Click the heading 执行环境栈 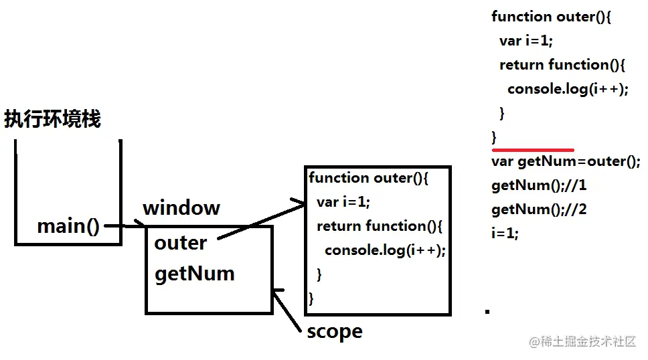pyautogui.click(x=52, y=120)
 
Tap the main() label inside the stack pyautogui.click(x=68, y=226)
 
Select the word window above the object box pyautogui.click(x=181, y=207)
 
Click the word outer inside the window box pyautogui.click(x=180, y=243)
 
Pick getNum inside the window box pyautogui.click(x=194, y=274)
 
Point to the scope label pyautogui.click(x=334, y=331)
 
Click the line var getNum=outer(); pyautogui.click(x=566, y=161)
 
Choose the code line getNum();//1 pyautogui.click(x=539, y=185)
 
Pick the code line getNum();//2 pyautogui.click(x=539, y=209)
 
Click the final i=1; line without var pyautogui.click(x=505, y=234)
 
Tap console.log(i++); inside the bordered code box pyautogui.click(x=385, y=250)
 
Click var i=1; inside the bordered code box pyautogui.click(x=343, y=202)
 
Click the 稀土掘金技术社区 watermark pyautogui.click(x=582, y=342)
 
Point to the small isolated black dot pyautogui.click(x=487, y=311)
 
